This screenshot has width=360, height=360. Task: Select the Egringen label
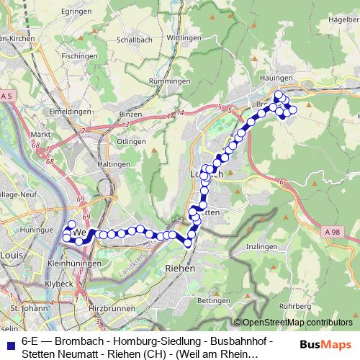point(78,12)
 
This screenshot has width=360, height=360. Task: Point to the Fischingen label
point(79,55)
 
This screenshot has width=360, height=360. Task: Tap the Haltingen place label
point(113,164)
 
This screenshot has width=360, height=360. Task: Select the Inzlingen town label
point(261,247)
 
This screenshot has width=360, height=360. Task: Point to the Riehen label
point(180,267)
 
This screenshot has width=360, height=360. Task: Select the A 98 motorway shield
point(331,230)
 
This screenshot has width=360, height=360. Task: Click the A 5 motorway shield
point(7,96)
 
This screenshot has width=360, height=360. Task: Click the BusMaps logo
point(325,345)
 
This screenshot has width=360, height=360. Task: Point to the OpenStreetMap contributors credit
point(296,323)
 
